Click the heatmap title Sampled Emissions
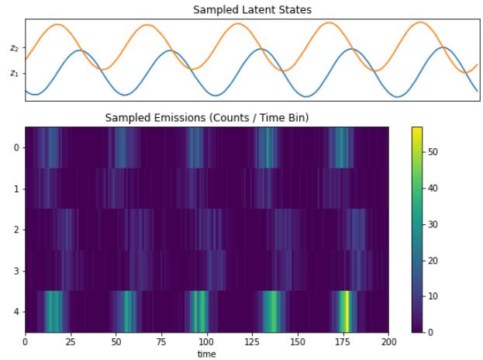207,118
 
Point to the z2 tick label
14,48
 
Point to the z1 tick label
14,74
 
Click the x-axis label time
206,354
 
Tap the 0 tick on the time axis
26,341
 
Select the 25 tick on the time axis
71,341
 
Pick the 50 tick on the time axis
116,341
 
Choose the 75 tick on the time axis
161,341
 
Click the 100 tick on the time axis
207,341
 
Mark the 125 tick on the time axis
253,341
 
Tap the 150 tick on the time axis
298,341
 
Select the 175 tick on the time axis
343,341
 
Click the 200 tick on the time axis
388,341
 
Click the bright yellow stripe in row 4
347,311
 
